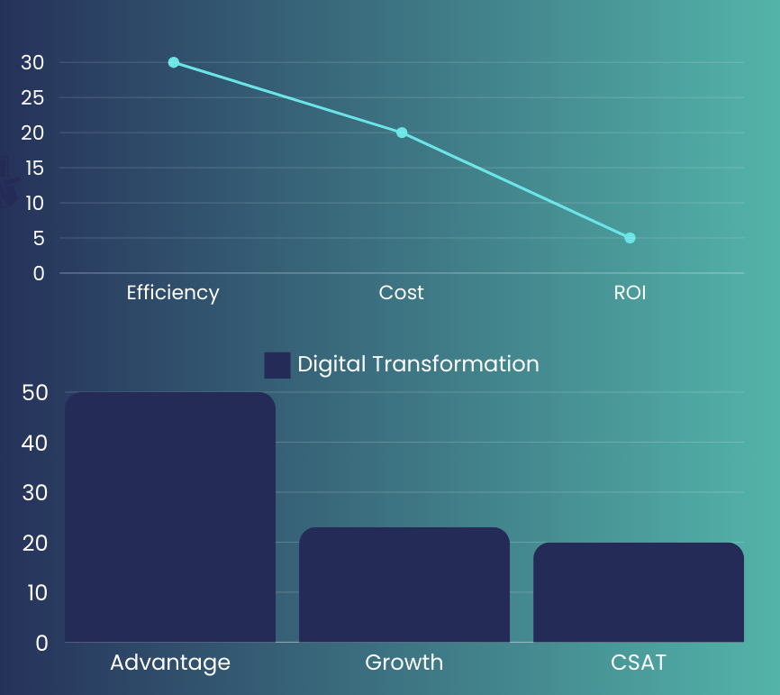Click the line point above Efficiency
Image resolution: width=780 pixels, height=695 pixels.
pos(174,62)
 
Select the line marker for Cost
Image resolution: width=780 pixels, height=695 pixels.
pos(402,133)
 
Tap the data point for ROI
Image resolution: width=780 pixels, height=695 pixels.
pos(630,238)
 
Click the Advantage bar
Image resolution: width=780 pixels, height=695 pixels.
pos(170,517)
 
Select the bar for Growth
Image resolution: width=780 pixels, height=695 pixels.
pos(404,584)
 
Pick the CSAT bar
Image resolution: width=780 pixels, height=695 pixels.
pos(639,592)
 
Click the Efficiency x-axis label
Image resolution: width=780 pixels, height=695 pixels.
pos(173,293)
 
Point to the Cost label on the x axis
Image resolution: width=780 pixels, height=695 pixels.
pos(402,293)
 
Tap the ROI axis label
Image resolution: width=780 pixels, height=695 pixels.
pos(630,293)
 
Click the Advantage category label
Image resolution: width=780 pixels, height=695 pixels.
pos(170,663)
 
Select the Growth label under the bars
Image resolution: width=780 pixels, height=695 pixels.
pos(404,663)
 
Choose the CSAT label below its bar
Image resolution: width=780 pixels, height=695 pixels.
pos(639,663)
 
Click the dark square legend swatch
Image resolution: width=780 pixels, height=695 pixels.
pos(277,365)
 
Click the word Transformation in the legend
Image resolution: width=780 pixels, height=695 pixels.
pos(456,364)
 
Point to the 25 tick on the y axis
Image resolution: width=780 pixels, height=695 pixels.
pos(32,98)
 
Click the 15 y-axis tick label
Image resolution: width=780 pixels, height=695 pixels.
pos(35,169)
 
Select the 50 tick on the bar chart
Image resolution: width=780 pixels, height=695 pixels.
pos(35,393)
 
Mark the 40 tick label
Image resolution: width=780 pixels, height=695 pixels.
pos(34,444)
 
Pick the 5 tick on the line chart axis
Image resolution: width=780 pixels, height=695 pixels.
pos(39,239)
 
